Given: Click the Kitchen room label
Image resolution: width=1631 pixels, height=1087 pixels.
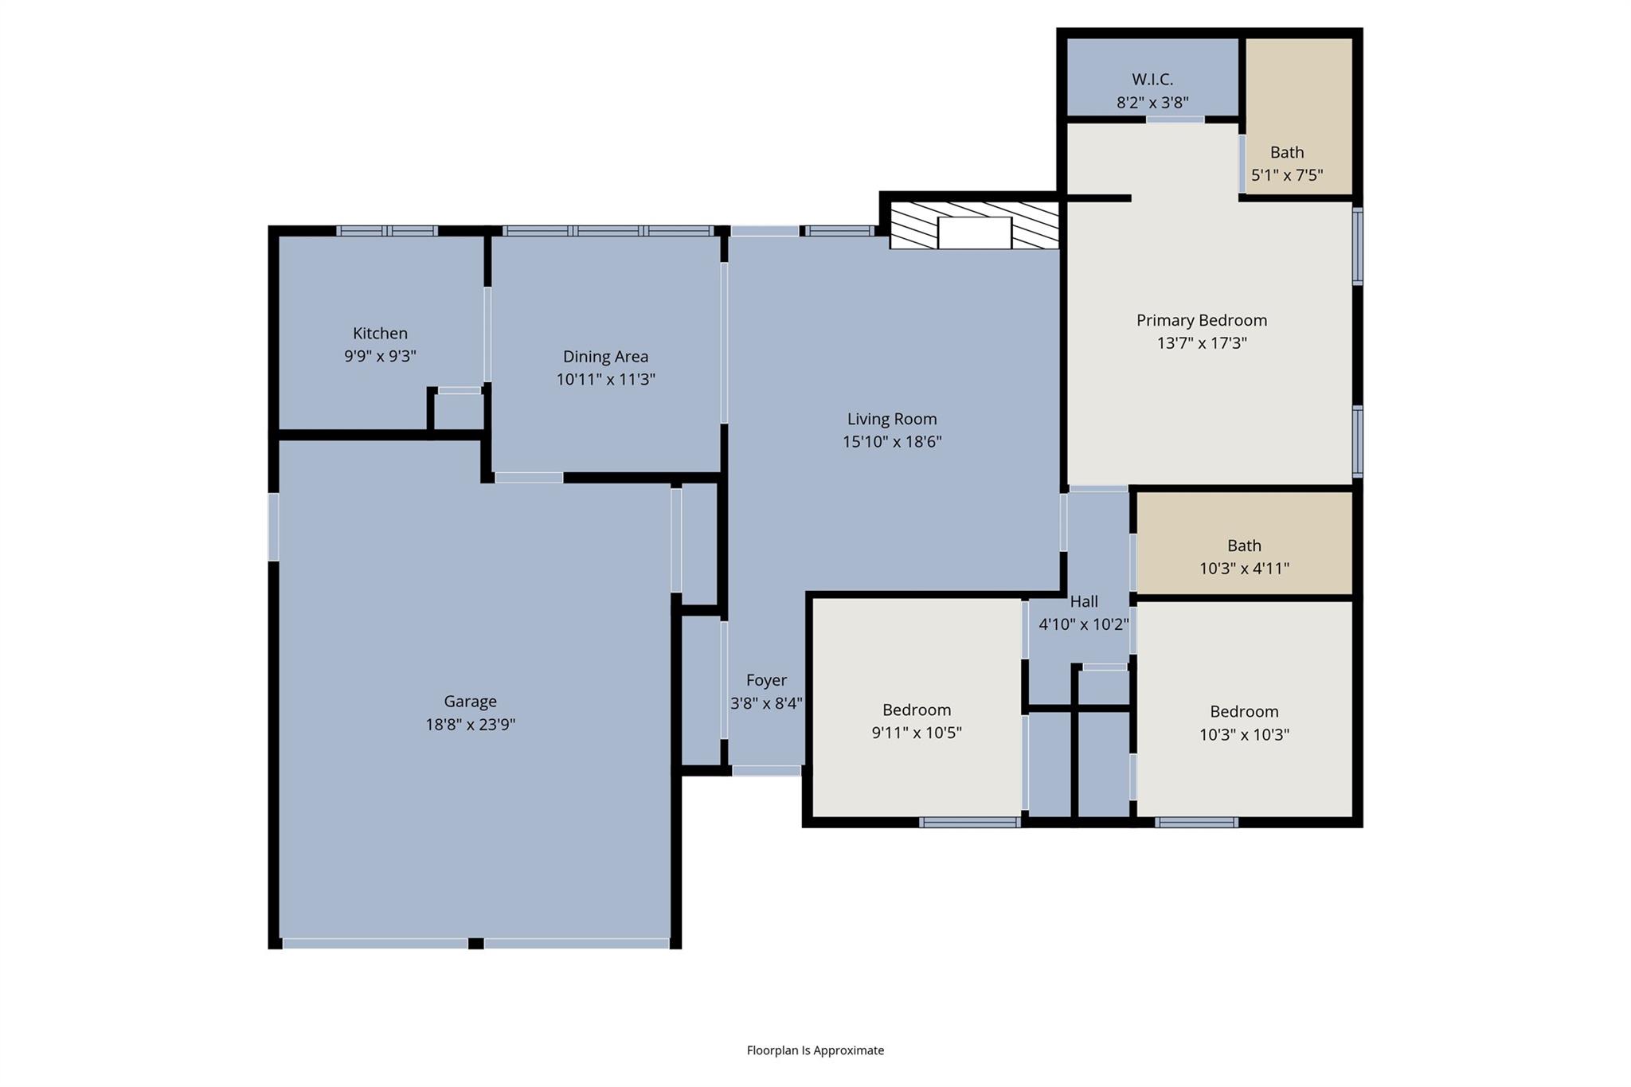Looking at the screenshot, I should [380, 333].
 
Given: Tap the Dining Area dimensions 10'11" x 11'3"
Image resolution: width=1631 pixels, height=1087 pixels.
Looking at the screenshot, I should [605, 380].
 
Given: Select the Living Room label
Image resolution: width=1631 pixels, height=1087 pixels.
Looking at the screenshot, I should [891, 419].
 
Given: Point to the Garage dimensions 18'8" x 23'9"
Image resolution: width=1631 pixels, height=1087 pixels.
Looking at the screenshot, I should [470, 725].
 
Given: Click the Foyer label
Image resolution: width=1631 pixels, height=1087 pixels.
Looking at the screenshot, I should [766, 680].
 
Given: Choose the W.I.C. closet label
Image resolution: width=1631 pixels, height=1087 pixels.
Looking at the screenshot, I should [1152, 80].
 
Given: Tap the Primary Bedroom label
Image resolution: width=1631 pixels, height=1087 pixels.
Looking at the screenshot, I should [1201, 320].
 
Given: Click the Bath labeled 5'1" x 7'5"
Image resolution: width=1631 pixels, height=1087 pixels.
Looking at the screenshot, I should [1287, 152].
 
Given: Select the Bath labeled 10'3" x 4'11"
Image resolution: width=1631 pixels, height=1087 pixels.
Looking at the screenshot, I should [1244, 545].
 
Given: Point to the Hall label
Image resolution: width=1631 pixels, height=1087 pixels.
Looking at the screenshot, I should [1084, 601].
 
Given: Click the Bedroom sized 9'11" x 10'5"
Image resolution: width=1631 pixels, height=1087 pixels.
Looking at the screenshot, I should [917, 710].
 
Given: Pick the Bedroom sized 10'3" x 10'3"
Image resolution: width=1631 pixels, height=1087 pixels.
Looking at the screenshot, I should [1244, 711].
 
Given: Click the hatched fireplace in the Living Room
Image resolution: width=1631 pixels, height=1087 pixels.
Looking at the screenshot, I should [974, 226].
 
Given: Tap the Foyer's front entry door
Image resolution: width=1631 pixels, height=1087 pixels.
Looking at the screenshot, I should [766, 771].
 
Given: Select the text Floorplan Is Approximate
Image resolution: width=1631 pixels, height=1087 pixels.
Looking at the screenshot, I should [815, 1050].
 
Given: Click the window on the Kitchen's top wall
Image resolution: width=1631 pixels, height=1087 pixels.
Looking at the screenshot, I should [387, 231].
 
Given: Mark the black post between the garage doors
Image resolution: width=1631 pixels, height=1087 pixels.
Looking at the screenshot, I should [475, 944].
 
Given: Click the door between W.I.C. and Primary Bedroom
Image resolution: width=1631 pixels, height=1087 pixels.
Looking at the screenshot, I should [1175, 120].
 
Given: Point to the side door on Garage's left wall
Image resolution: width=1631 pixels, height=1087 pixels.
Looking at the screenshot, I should [273, 526].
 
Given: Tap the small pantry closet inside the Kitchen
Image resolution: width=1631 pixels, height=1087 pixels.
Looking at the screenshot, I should [458, 412].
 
